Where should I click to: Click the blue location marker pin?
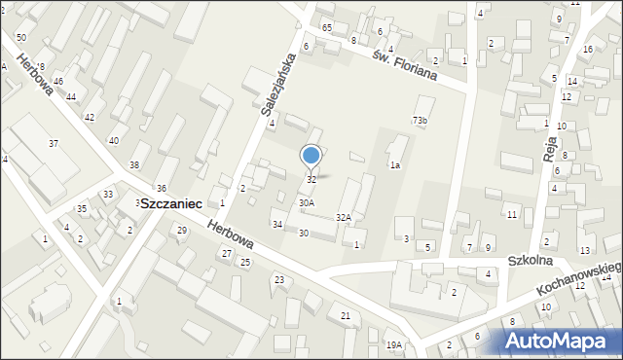coord(311,156)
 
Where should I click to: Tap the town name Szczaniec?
coord(170,204)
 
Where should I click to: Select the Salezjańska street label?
coord(278,84)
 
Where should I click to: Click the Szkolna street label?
coord(531,262)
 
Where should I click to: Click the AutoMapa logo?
coord(562,340)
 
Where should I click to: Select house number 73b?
coord(420,120)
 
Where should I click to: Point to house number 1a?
coord(395,165)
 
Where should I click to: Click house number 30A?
coord(306,203)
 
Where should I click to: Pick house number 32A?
coord(344,218)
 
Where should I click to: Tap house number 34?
coord(277,225)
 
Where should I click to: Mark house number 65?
coord(327,27)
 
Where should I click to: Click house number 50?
coord(20,37)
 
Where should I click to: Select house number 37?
coord(54,144)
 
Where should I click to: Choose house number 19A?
coord(393,345)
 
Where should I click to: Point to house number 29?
coord(181,230)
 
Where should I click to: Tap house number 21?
coord(346,315)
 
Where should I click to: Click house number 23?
coord(278,280)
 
